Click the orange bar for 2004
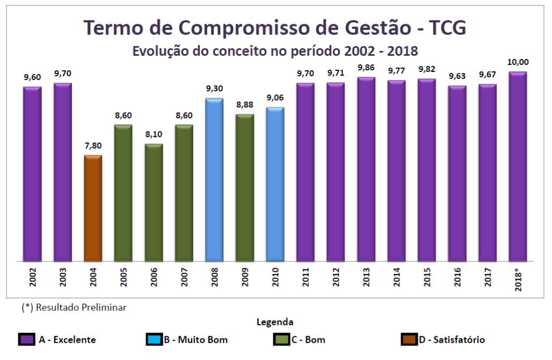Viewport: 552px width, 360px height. click(x=93, y=208)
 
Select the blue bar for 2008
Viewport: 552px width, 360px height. click(x=214, y=180)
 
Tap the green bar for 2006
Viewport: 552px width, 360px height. click(x=154, y=202)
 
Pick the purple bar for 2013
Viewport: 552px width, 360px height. click(x=366, y=169)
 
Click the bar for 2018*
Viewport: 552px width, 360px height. click(x=518, y=166)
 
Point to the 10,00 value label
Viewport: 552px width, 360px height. click(x=518, y=63)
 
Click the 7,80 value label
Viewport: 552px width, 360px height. click(x=93, y=145)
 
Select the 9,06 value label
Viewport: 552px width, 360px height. click(x=275, y=98)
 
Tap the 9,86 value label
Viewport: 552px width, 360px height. click(x=366, y=68)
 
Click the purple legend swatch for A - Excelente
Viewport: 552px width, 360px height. click(x=26, y=340)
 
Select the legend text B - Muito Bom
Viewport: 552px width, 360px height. click(x=195, y=340)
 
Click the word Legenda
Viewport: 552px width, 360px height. click(x=275, y=322)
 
